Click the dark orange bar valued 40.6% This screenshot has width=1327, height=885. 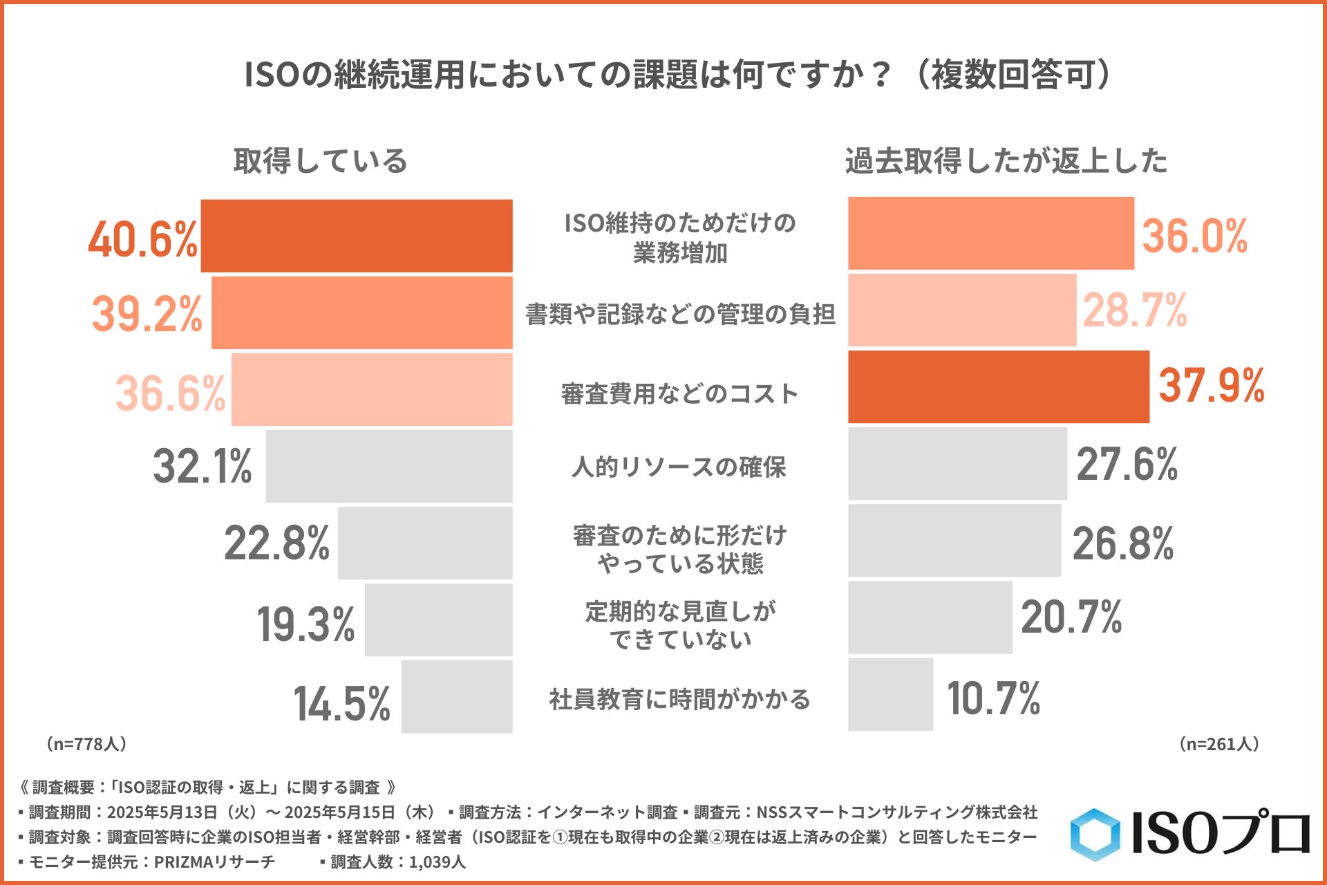click(x=357, y=236)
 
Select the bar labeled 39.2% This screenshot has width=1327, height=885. click(x=361, y=313)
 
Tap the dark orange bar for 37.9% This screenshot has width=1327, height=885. click(x=999, y=386)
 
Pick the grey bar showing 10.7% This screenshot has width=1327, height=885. click(x=890, y=694)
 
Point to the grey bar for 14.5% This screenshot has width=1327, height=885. click(x=457, y=696)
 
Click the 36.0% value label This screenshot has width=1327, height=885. click(x=1194, y=236)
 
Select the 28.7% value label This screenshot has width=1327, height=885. click(x=1135, y=310)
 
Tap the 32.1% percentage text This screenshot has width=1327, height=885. click(x=203, y=466)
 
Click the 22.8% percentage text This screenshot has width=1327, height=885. click(x=277, y=543)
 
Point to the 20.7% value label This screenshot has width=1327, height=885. click(x=1071, y=617)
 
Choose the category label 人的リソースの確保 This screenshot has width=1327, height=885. click(x=679, y=467)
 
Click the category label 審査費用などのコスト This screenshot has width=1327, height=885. click(x=679, y=394)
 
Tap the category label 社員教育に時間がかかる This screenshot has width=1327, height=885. click(x=679, y=699)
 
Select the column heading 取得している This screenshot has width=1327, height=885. click(x=320, y=161)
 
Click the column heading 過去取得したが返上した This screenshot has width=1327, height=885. click(x=1006, y=161)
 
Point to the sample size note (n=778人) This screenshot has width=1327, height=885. click(x=86, y=744)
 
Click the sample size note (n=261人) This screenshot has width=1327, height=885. click(x=1219, y=744)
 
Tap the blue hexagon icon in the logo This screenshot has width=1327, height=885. click(x=1095, y=835)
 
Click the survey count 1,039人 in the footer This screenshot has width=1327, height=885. click(x=437, y=862)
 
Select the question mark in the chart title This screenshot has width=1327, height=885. click(x=880, y=75)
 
